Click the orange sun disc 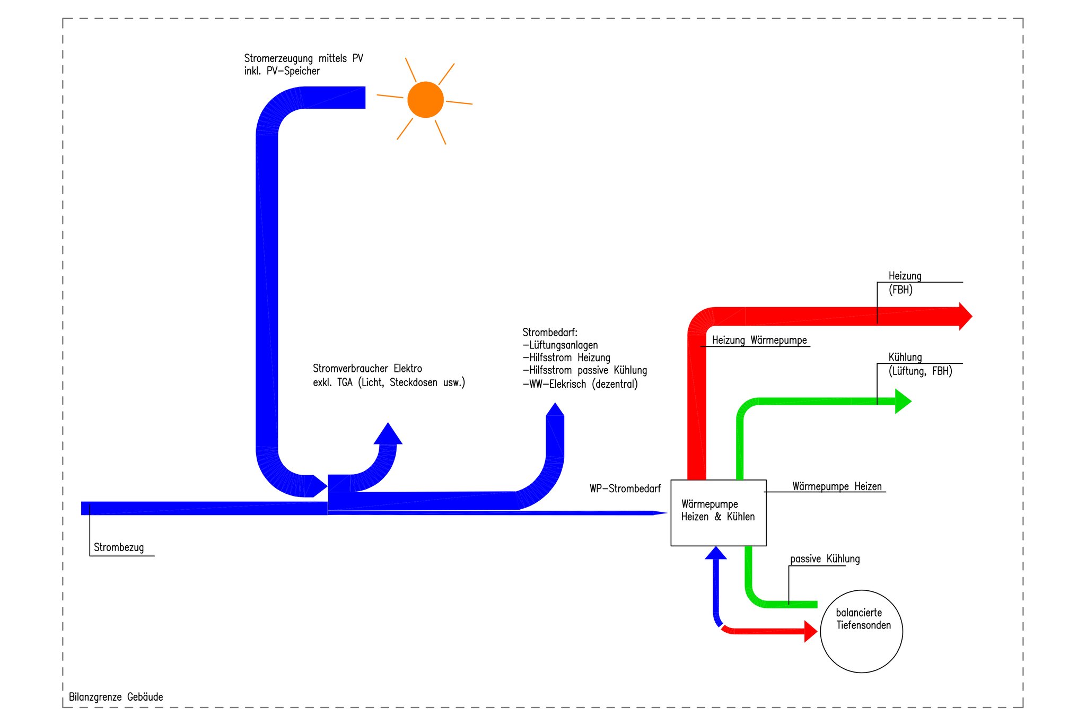click(425, 100)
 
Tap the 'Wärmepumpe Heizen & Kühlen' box click(718, 512)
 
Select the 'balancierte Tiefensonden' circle click(861, 631)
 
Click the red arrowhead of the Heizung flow click(965, 317)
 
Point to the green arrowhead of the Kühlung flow click(903, 402)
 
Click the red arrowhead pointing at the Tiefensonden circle click(810, 631)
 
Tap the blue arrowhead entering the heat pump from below click(716, 553)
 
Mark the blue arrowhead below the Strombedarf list click(555, 410)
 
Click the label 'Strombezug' click(119, 547)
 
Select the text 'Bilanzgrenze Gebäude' click(116, 697)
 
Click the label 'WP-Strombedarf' click(625, 489)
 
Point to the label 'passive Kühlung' click(825, 559)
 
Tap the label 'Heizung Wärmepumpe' click(759, 341)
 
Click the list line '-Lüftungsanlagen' click(560, 345)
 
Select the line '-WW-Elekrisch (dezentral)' click(580, 384)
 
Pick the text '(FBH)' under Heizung click(900, 290)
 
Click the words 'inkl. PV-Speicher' click(282, 71)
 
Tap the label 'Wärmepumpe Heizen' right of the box click(837, 486)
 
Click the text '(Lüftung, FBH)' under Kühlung click(920, 371)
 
